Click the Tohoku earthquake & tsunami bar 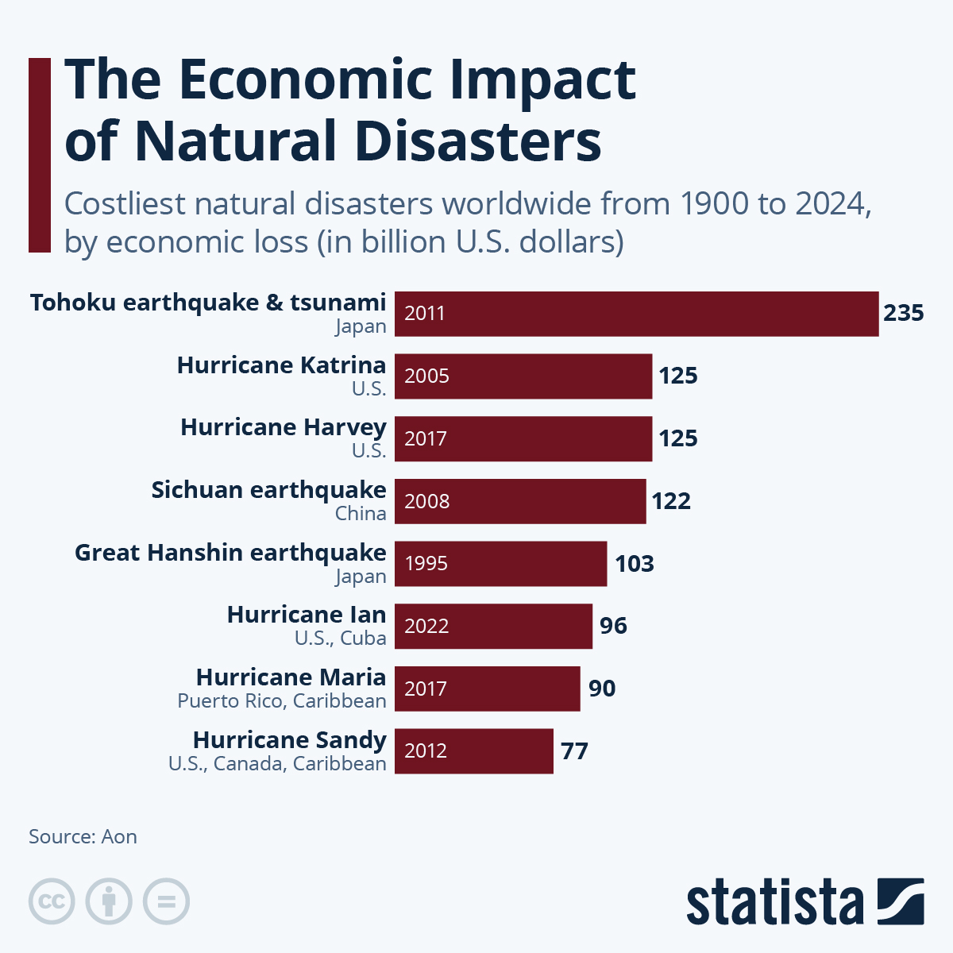[636, 314]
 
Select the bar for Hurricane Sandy [473, 750]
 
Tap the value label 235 [903, 313]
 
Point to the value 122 [671, 501]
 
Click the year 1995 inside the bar [426, 564]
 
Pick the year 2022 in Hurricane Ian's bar [426, 626]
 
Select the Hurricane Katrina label [281, 365]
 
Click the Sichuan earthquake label [268, 490]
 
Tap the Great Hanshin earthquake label [230, 553]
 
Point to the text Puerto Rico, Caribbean [282, 701]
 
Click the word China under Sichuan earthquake [361, 514]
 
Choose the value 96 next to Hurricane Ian [613, 626]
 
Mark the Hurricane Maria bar [487, 689]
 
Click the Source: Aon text [83, 837]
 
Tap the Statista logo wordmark [774, 902]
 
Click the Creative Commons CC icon [52, 901]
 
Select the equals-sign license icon [167, 901]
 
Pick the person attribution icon [109, 901]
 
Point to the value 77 [574, 750]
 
